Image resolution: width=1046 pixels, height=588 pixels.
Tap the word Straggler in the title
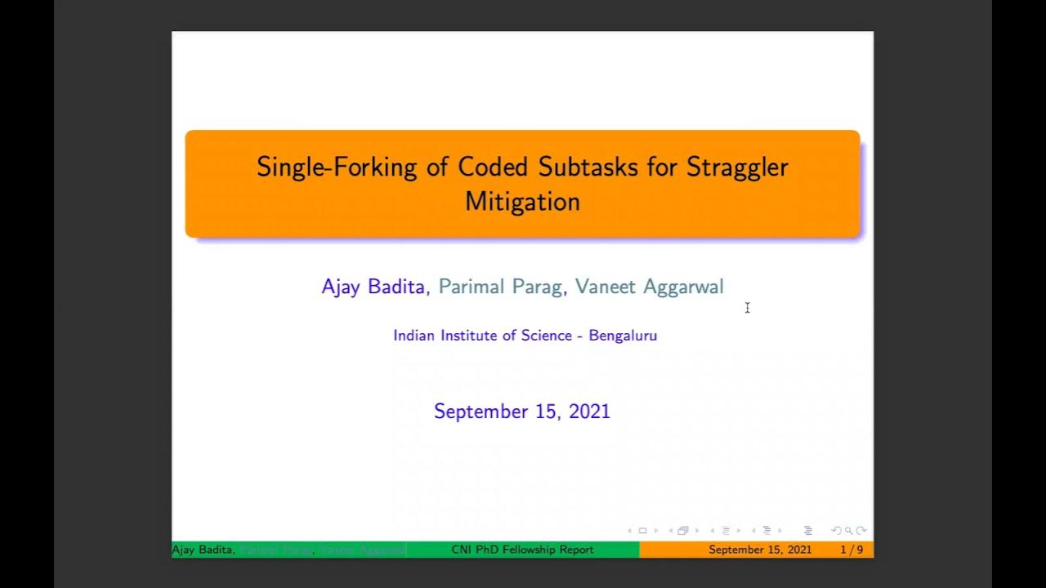tap(737, 167)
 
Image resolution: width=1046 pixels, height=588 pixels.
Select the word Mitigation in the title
tap(522, 201)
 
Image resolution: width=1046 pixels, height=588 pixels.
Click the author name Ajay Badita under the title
tap(373, 287)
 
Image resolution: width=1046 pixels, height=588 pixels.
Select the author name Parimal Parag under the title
tap(500, 287)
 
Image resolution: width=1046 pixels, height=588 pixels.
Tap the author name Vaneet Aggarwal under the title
tap(649, 287)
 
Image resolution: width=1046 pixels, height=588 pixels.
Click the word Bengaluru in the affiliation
tap(623, 336)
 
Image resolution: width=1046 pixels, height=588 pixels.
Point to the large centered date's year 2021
tap(589, 412)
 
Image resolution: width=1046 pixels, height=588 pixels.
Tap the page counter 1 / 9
tap(852, 550)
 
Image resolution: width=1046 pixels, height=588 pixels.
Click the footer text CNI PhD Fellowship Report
tap(522, 550)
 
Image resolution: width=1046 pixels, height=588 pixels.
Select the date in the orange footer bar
tap(760, 550)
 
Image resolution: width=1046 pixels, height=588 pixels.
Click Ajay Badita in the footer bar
tap(203, 550)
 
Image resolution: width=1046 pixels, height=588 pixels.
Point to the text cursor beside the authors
tap(747, 308)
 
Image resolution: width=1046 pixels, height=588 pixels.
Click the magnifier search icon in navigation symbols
tap(848, 531)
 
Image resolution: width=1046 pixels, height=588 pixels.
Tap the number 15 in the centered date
tap(547, 412)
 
